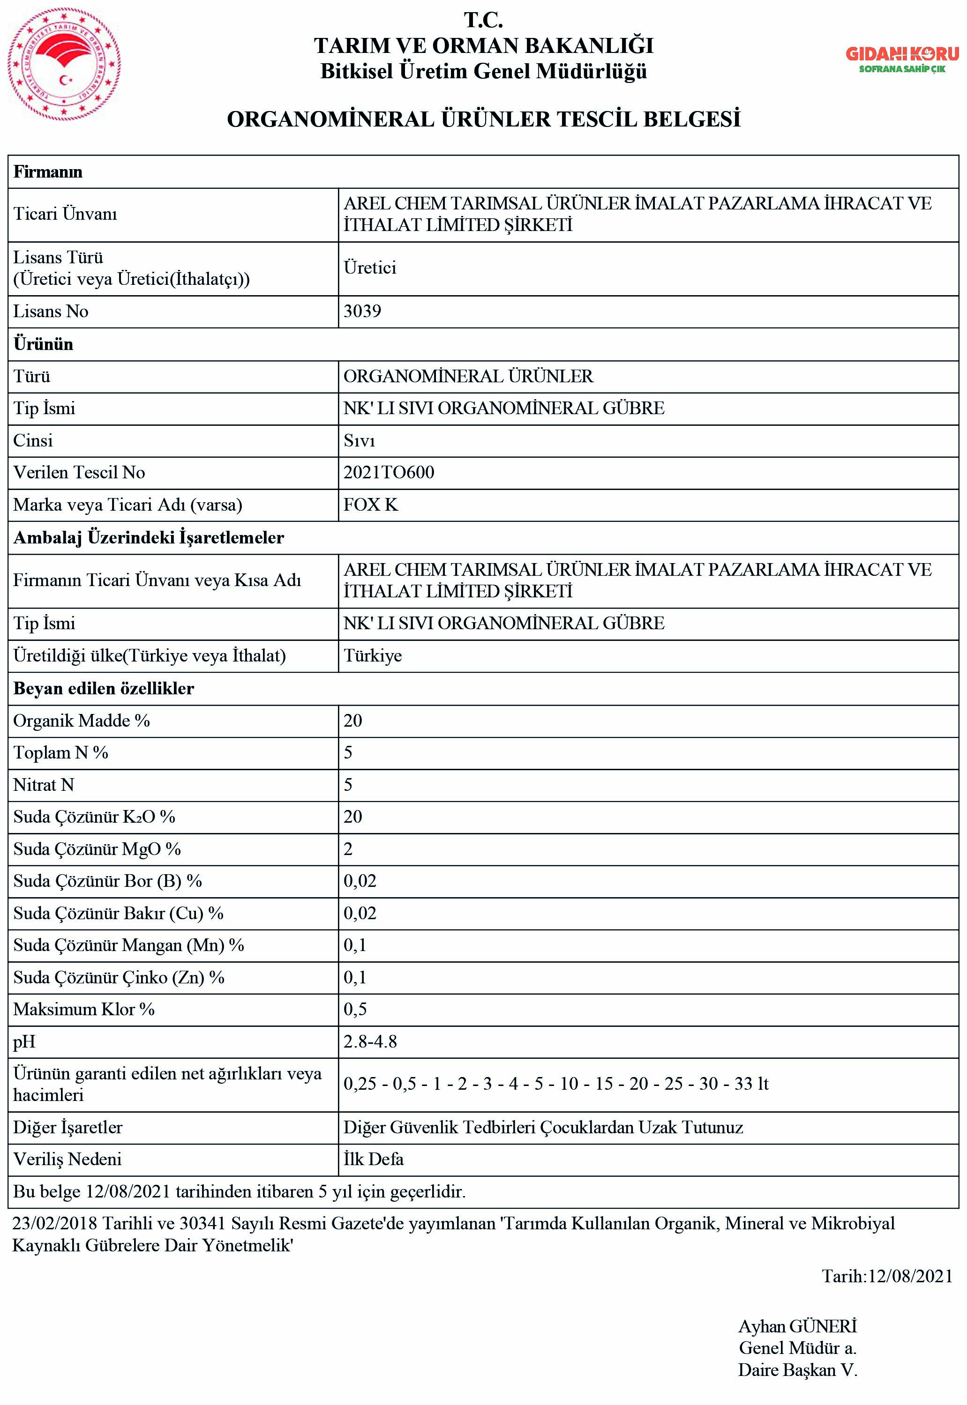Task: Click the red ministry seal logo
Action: coord(64,64)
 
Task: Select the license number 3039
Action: coord(362,311)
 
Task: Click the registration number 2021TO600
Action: coord(389,472)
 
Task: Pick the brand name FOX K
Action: coord(371,505)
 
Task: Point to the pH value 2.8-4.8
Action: coord(370,1041)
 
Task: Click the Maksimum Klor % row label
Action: coord(84,1009)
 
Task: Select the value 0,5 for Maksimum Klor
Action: coord(355,1009)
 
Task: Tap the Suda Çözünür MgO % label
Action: coord(97,849)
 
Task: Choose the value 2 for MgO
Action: coord(348,849)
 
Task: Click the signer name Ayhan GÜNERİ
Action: coord(797,1326)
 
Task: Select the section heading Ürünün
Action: coord(44,344)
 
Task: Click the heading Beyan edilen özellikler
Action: coord(104,689)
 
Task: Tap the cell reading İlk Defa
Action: coord(373,1159)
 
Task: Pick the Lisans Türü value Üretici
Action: coord(369,268)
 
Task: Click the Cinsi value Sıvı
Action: coord(360,440)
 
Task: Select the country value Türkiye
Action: coord(373,656)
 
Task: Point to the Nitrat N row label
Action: coord(44,785)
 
